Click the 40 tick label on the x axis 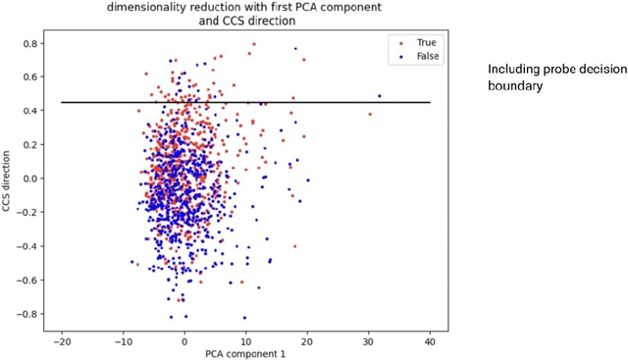[431, 340]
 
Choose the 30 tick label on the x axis [369, 340]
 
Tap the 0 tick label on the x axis [184, 340]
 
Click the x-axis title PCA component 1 [245, 353]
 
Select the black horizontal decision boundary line [245, 102]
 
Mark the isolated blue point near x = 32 [380, 96]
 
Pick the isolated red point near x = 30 [370, 114]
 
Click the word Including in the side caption [512, 71]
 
